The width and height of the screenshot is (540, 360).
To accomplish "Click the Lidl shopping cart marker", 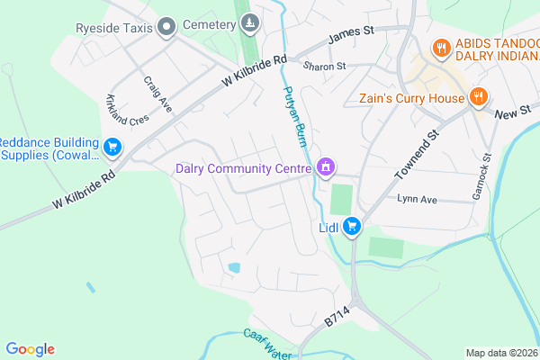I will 354,227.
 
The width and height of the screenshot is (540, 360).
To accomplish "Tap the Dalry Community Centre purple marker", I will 325,166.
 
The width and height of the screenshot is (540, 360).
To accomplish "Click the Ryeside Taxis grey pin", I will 166,28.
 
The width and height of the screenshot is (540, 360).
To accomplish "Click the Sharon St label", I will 324,67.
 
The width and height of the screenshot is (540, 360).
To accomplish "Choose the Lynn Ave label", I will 416,199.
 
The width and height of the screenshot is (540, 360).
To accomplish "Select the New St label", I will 513,112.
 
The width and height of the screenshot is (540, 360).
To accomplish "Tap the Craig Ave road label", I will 157,93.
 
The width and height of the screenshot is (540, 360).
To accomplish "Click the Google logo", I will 31,349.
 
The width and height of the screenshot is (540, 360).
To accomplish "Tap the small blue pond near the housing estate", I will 234,267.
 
